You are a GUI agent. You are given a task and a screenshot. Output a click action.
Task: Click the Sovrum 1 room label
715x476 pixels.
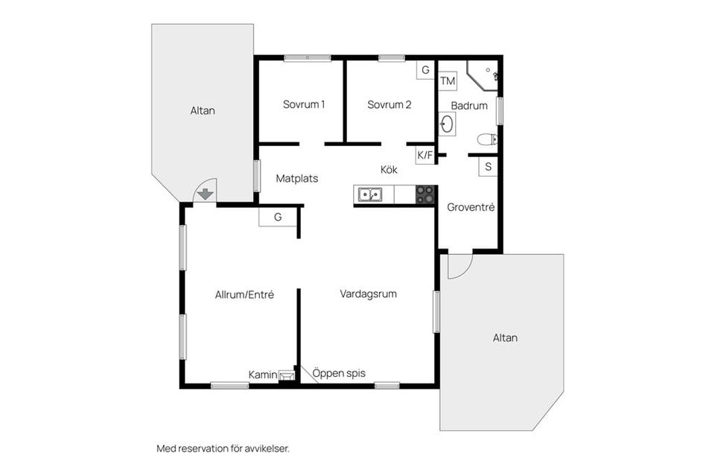tap(304, 104)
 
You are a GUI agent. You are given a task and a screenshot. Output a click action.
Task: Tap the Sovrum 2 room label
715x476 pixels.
tap(389, 105)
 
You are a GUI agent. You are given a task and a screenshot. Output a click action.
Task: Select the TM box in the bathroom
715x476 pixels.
tap(448, 81)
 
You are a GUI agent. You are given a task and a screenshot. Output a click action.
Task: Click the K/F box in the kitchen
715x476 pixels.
tap(425, 155)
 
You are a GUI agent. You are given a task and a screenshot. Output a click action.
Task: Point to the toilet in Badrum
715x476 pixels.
tap(487, 139)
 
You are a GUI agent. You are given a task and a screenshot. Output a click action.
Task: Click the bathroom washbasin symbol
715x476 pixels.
tap(447, 124)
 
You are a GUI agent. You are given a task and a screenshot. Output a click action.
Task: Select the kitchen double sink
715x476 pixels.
tap(370, 194)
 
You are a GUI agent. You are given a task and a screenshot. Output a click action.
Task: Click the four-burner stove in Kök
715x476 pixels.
tap(425, 194)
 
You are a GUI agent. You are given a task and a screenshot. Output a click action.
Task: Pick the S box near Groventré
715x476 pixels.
tap(488, 167)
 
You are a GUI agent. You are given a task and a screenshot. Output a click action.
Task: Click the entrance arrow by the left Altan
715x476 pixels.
tap(206, 194)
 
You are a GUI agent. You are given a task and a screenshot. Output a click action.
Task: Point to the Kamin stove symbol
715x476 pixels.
tap(287, 375)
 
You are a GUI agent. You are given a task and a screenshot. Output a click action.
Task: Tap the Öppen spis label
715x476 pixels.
tap(339, 373)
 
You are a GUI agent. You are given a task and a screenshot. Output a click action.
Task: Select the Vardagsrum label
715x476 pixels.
tap(368, 294)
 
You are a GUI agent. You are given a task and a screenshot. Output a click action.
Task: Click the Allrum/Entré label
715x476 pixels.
tap(244, 295)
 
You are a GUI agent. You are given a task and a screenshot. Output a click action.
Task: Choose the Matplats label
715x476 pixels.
tap(297, 179)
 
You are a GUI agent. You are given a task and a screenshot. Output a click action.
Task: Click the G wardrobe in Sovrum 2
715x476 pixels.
tap(425, 70)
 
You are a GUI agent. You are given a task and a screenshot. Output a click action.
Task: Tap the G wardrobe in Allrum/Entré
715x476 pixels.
tap(278, 217)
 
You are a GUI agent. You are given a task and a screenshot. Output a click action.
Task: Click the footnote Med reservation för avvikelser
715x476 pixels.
tap(223, 448)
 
